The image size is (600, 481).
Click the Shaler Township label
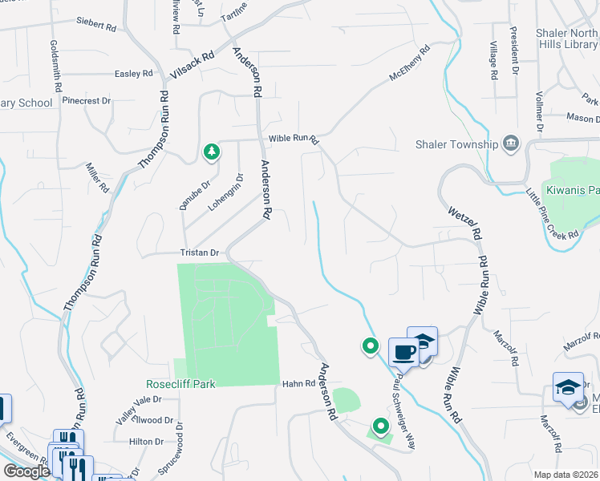click(x=454, y=144)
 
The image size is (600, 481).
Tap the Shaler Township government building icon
click(x=510, y=144)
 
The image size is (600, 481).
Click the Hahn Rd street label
click(x=296, y=384)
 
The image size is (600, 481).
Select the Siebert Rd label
click(x=96, y=25)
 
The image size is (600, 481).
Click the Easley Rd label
click(x=133, y=74)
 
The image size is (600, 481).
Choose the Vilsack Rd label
click(x=193, y=66)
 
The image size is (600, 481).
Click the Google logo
click(x=26, y=471)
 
